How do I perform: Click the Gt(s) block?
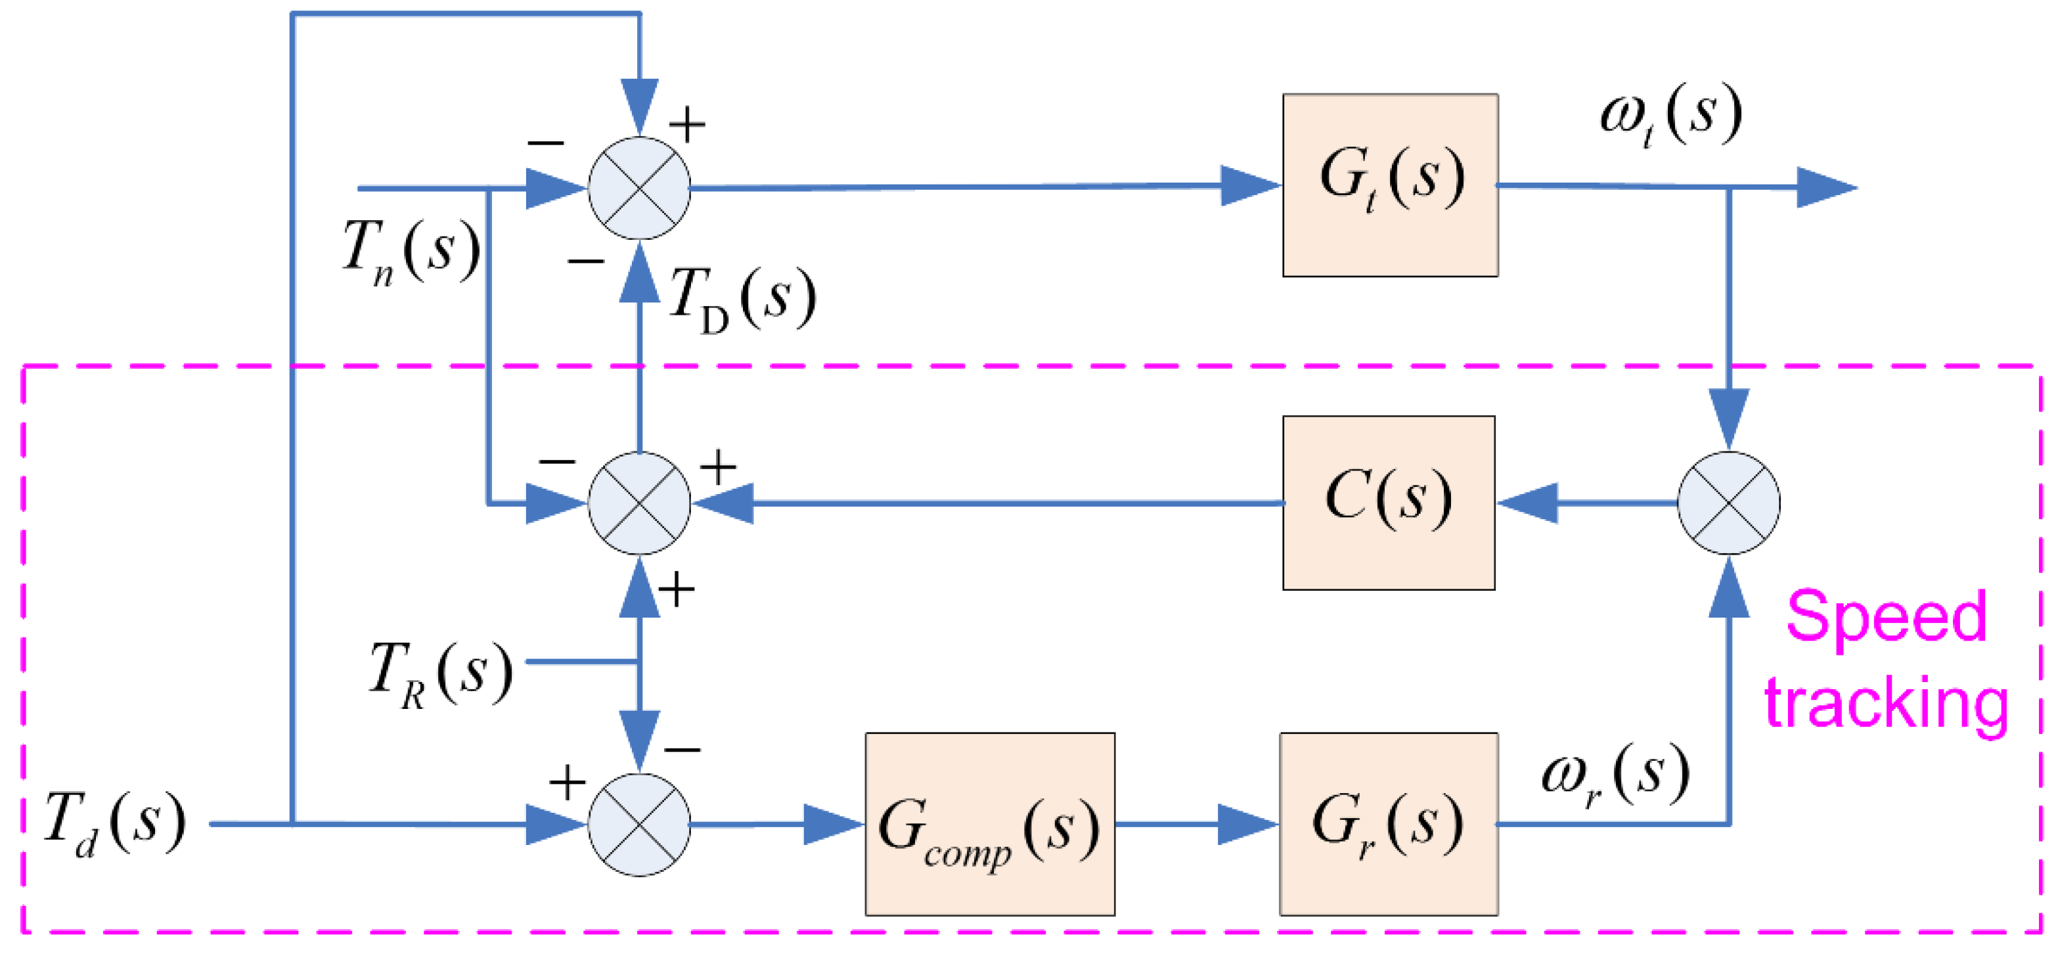[1389, 185]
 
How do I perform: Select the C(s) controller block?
[1388, 503]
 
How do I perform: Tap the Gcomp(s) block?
[989, 823]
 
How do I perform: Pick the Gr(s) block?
[1388, 823]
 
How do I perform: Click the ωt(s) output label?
[1670, 116]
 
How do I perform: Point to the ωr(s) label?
[1615, 775]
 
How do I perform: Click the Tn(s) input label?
[411, 251]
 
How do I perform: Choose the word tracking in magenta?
[1885, 704]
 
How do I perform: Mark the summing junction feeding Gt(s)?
[639, 188]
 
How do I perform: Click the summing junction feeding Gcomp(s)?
[639, 824]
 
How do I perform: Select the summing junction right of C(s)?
[1728, 503]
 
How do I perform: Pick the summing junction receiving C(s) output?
[639, 503]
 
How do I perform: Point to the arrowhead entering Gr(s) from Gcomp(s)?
[1247, 824]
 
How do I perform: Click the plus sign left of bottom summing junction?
[568, 782]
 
